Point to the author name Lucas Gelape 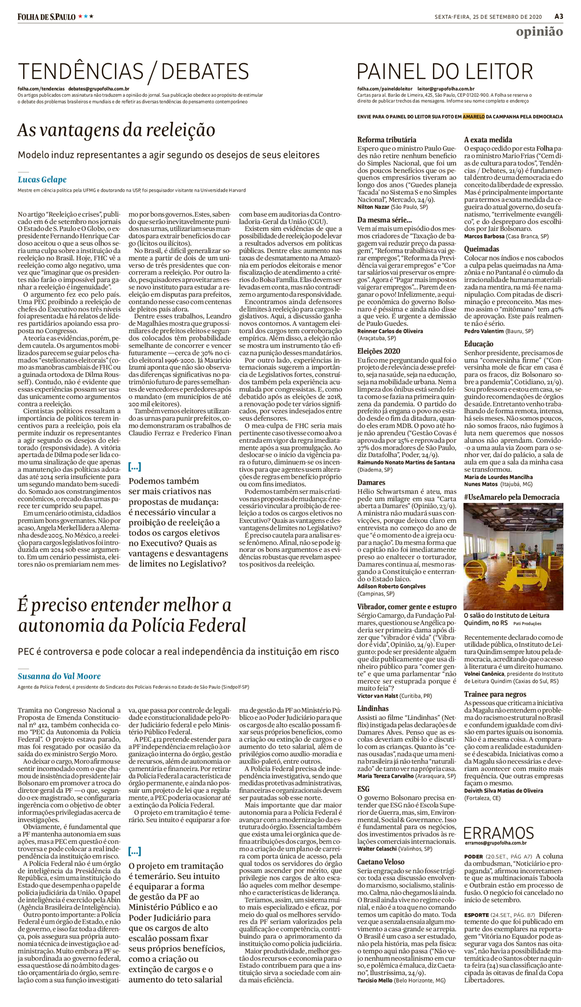pos(42,180)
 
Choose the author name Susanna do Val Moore pos(59,676)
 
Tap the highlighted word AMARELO pos(474,117)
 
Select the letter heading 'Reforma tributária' pos(386,140)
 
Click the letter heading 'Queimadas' pos(481,249)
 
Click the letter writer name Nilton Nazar pos(373,207)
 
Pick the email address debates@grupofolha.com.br pos(99,89)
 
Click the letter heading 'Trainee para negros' pos(495,694)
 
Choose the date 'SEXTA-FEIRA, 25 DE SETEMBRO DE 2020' pos(488,17)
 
